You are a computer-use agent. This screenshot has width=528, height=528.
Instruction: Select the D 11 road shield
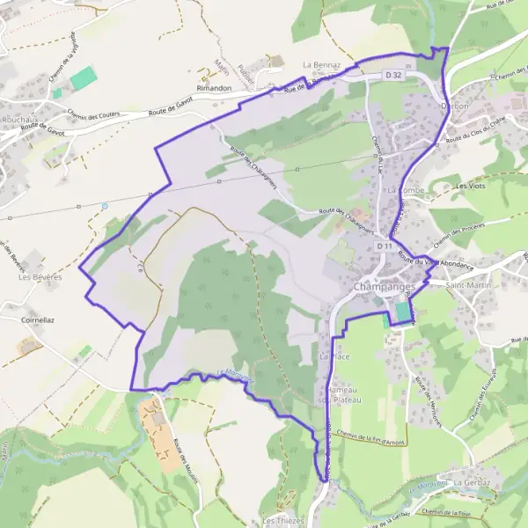(x=384, y=247)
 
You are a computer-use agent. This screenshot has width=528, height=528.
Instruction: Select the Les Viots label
(x=473, y=187)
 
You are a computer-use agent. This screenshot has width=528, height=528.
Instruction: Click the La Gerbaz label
(x=473, y=484)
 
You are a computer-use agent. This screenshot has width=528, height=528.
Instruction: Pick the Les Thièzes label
(x=282, y=521)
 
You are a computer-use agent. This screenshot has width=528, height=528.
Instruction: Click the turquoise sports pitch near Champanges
(x=403, y=312)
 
